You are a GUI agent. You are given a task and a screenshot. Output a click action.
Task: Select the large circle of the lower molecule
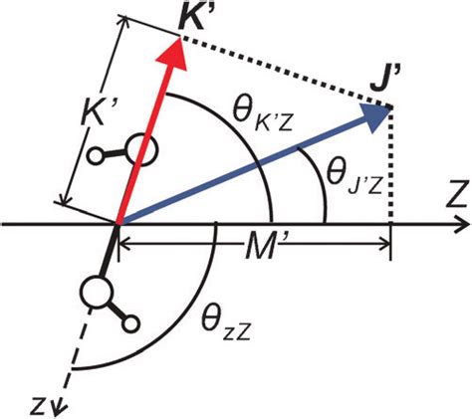tap(98, 296)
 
